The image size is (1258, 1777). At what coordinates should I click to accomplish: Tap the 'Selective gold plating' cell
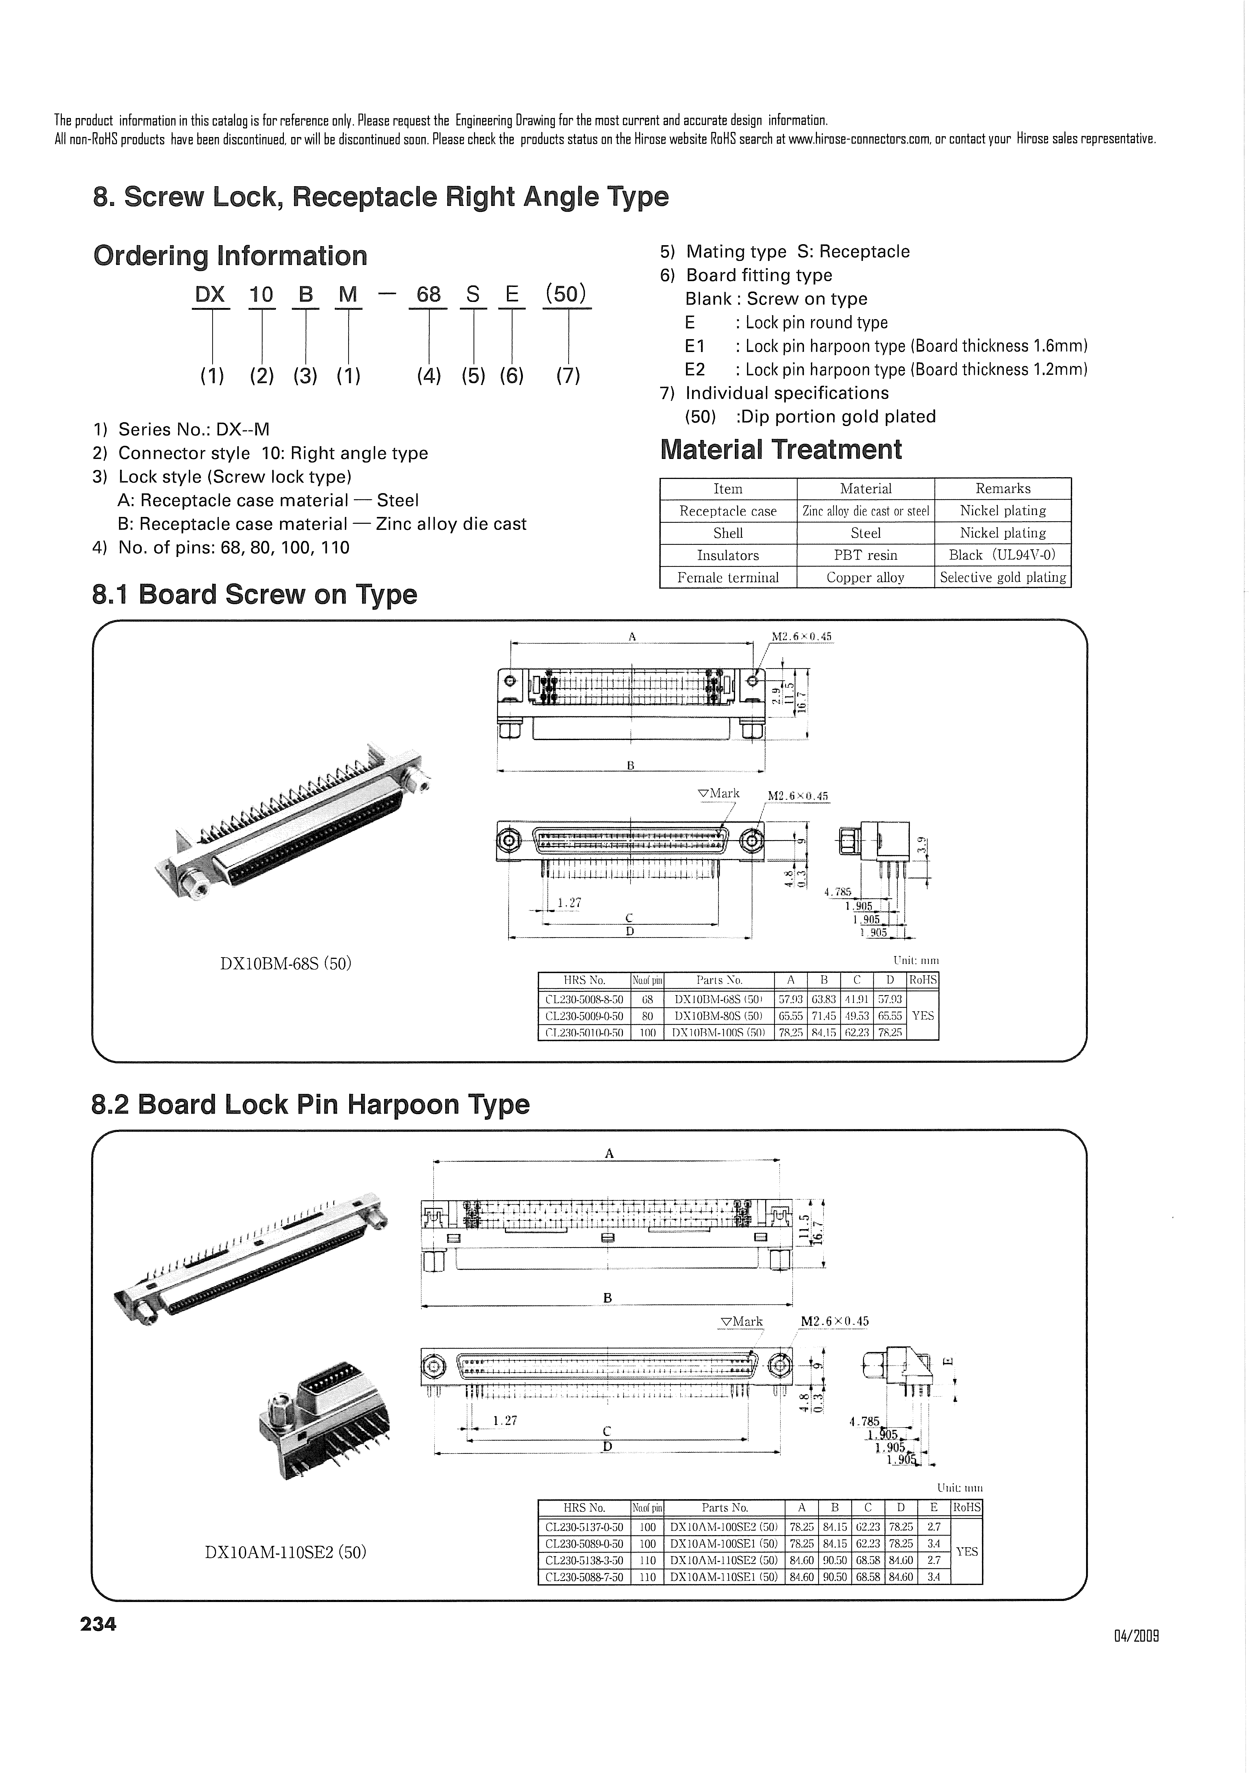[1002, 577]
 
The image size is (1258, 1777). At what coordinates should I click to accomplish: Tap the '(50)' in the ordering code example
[566, 294]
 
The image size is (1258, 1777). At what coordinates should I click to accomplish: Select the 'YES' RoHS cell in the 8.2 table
[966, 1552]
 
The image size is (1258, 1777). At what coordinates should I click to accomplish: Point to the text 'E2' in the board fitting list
[695, 370]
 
